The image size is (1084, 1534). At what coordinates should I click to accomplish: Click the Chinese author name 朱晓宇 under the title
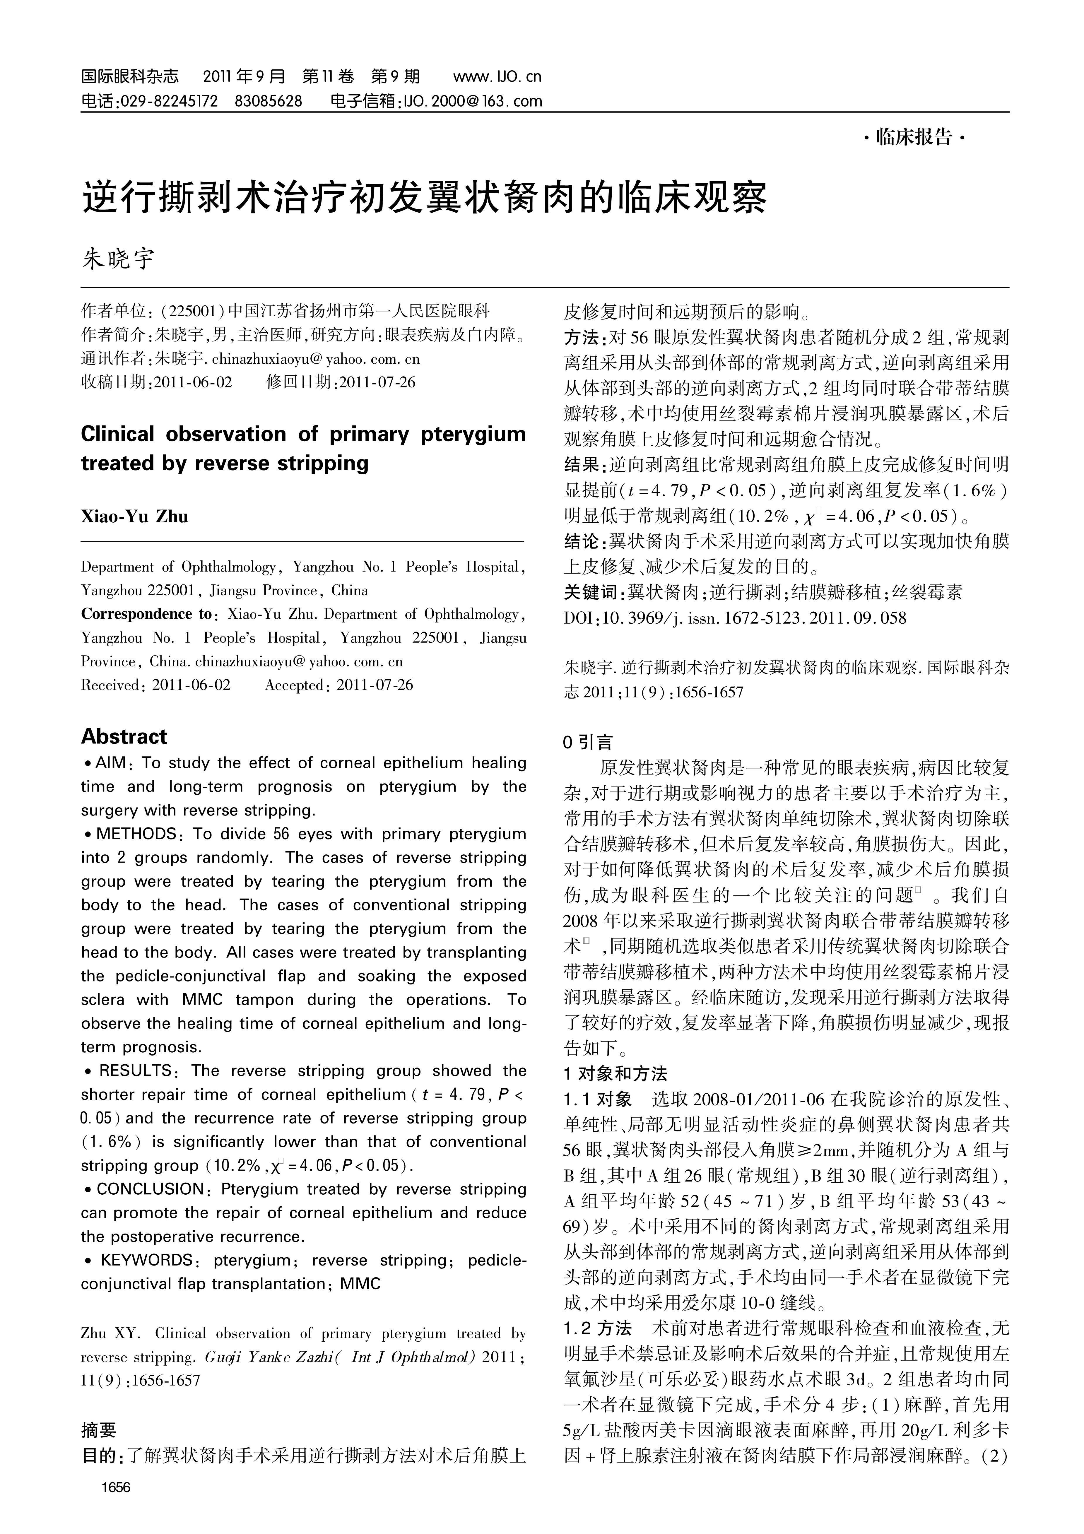(118, 259)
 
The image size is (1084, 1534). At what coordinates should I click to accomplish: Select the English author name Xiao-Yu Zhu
(134, 517)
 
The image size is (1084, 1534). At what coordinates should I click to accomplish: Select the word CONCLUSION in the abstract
(150, 1189)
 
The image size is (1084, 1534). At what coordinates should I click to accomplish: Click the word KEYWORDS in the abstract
(146, 1260)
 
